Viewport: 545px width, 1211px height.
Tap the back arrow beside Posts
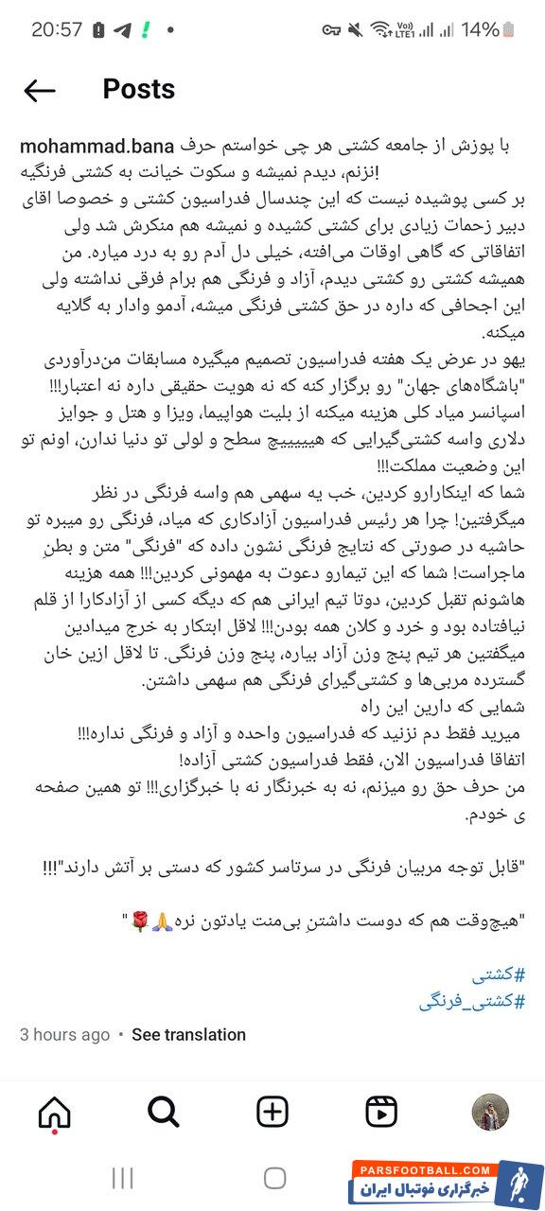pos(40,90)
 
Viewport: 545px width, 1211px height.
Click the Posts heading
pos(138,89)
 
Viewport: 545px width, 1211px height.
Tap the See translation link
pos(188,1034)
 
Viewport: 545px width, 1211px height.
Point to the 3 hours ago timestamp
pos(64,1034)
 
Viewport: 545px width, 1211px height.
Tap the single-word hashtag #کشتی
pos(498,975)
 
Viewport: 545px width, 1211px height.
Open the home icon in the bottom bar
pos(54,1112)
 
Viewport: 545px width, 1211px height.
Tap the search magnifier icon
pos(164,1112)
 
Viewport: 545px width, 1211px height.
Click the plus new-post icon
pos(272,1112)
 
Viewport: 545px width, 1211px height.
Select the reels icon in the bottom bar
pos(381,1112)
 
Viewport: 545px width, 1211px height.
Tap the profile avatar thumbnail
pos(490,1112)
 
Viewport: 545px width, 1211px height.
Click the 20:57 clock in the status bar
pos(57,29)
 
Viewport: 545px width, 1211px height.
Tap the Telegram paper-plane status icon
pos(121,29)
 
